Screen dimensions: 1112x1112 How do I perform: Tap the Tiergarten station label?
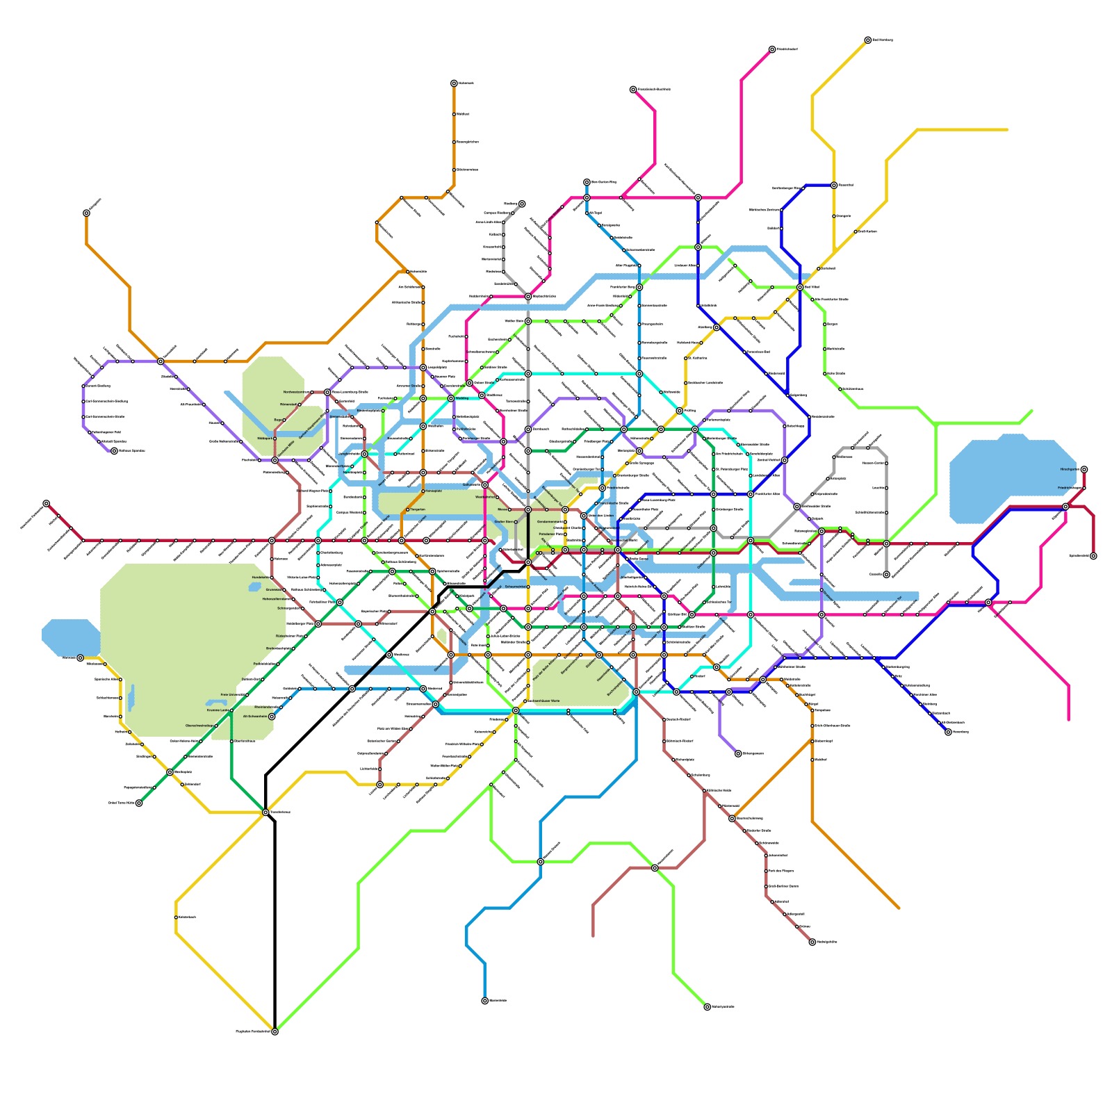pyautogui.click(x=418, y=509)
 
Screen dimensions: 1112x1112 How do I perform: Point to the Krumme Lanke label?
pyautogui.click(x=218, y=710)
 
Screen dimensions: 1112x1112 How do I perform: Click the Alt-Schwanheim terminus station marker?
pyautogui.click(x=272, y=717)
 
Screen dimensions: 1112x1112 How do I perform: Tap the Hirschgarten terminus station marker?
pyautogui.click(x=1084, y=469)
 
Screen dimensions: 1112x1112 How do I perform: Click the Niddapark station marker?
pyautogui.click(x=275, y=439)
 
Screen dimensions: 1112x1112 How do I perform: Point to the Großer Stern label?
pyautogui.click(x=504, y=521)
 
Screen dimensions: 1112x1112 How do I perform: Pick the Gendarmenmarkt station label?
pyautogui.click(x=548, y=521)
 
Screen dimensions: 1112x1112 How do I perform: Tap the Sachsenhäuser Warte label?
pyautogui.click(x=545, y=701)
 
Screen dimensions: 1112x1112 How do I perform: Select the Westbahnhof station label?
pyautogui.click(x=485, y=497)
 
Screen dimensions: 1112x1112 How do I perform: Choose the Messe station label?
pyautogui.click(x=502, y=509)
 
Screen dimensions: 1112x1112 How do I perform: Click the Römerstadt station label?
pyautogui.click(x=288, y=404)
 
